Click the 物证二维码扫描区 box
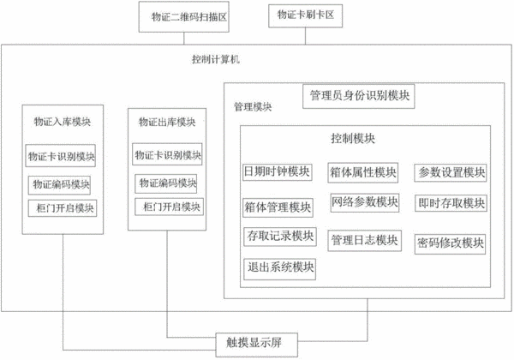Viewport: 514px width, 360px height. pos(183,17)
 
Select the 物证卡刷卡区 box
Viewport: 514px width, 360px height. pos(306,15)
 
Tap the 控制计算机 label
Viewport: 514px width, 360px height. pos(216,59)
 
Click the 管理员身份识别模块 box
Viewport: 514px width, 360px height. pos(359,96)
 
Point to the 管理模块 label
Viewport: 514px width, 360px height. pos(253,106)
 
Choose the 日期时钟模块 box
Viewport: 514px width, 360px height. pos(278,171)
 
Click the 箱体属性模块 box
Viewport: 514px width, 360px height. pos(363,172)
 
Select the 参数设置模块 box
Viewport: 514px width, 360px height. pos(451,173)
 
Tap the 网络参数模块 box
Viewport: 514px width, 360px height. pos(365,202)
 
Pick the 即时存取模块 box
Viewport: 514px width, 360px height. pos(451,203)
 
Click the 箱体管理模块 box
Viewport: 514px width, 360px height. pos(278,207)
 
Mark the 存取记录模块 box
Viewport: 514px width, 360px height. pos(280,237)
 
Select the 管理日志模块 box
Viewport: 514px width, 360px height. pos(365,241)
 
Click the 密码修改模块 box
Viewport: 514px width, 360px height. pos(450,244)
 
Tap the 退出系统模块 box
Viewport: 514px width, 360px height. pos(279,269)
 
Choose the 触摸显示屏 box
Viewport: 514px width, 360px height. pos(257,345)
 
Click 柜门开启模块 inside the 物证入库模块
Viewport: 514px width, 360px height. pos(63,208)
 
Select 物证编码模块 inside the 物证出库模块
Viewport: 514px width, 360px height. pos(166,183)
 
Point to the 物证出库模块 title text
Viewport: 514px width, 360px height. pos(167,122)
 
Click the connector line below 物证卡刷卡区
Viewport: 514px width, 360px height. pos(306,36)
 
